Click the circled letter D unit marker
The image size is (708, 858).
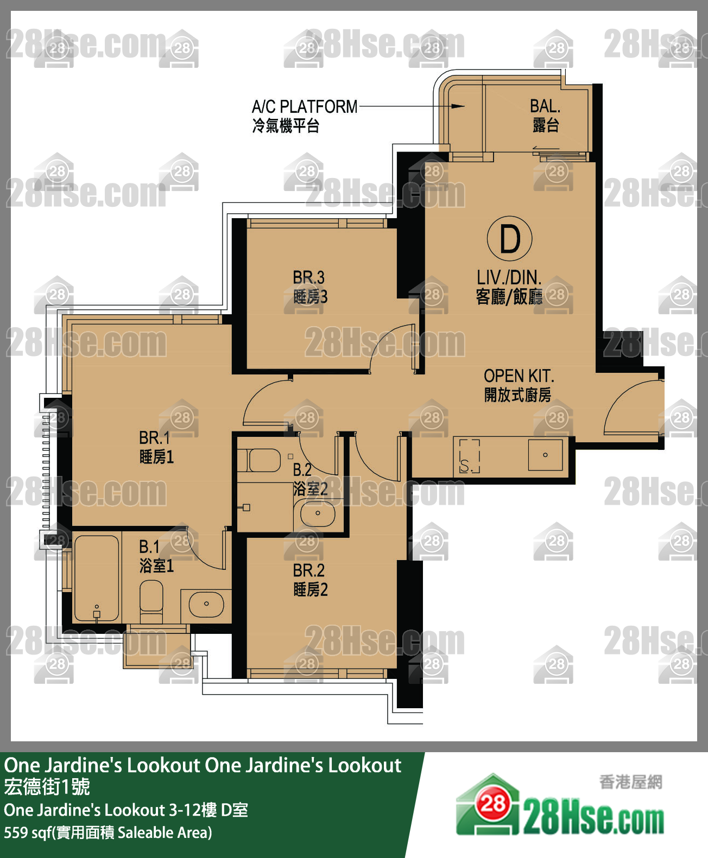(x=509, y=239)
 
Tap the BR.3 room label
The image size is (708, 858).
(x=309, y=277)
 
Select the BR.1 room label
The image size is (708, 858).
(x=155, y=437)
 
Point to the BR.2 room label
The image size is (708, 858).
(x=309, y=570)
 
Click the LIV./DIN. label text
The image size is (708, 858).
(x=509, y=277)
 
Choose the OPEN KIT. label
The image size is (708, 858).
(x=519, y=376)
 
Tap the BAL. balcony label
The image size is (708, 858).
(x=545, y=106)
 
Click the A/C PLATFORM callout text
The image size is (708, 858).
(x=305, y=106)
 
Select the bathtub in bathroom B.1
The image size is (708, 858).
(x=97, y=577)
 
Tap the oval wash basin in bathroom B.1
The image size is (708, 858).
(x=206, y=603)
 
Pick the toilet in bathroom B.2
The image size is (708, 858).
(x=259, y=460)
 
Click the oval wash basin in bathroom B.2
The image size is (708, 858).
(x=318, y=513)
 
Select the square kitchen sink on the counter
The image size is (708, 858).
(x=545, y=455)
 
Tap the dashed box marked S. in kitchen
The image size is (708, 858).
(x=469, y=456)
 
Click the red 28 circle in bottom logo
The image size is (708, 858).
(x=493, y=803)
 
